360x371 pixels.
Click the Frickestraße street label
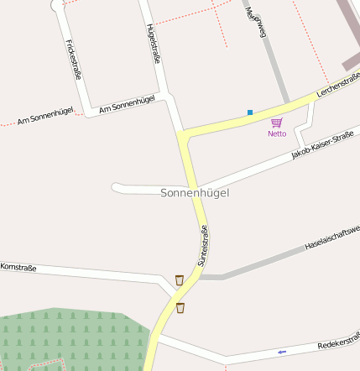coord(72,60)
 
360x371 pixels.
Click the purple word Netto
coord(277,133)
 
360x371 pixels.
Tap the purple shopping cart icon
coord(277,123)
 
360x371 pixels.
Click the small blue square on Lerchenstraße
coord(249,112)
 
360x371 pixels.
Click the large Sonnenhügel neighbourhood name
coord(195,193)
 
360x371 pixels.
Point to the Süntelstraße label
coord(202,246)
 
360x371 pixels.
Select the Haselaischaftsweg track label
coord(332,238)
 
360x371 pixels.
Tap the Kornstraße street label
coord(18,268)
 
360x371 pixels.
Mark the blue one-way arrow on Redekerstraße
coord(282,351)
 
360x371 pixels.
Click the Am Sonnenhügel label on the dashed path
coord(45,116)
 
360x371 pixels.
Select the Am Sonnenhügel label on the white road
coord(127,104)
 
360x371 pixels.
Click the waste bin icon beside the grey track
coord(179,280)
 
